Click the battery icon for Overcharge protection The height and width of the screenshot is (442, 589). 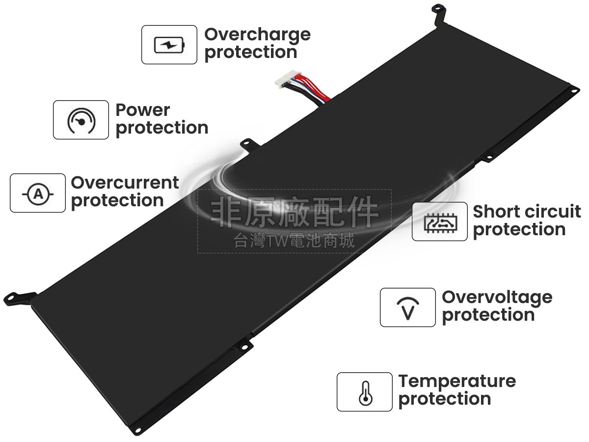[x=169, y=45]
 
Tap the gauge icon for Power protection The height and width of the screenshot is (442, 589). [x=81, y=120]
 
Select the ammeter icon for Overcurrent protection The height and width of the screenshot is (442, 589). [x=38, y=193]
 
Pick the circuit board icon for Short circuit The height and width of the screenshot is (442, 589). [x=440, y=221]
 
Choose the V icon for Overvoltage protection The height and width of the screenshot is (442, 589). [x=408, y=307]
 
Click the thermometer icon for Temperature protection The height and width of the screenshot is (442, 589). [x=365, y=392]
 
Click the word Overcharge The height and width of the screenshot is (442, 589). [x=257, y=34]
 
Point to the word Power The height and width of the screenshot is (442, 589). [x=142, y=110]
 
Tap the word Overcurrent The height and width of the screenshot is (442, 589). [x=125, y=183]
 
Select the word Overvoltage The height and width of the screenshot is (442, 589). [x=497, y=297]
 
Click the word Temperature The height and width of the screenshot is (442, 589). [x=456, y=381]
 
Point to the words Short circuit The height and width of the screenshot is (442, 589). [x=526, y=212]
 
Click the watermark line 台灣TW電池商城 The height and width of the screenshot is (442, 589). [x=294, y=241]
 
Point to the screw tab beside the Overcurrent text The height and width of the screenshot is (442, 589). [x=248, y=144]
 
